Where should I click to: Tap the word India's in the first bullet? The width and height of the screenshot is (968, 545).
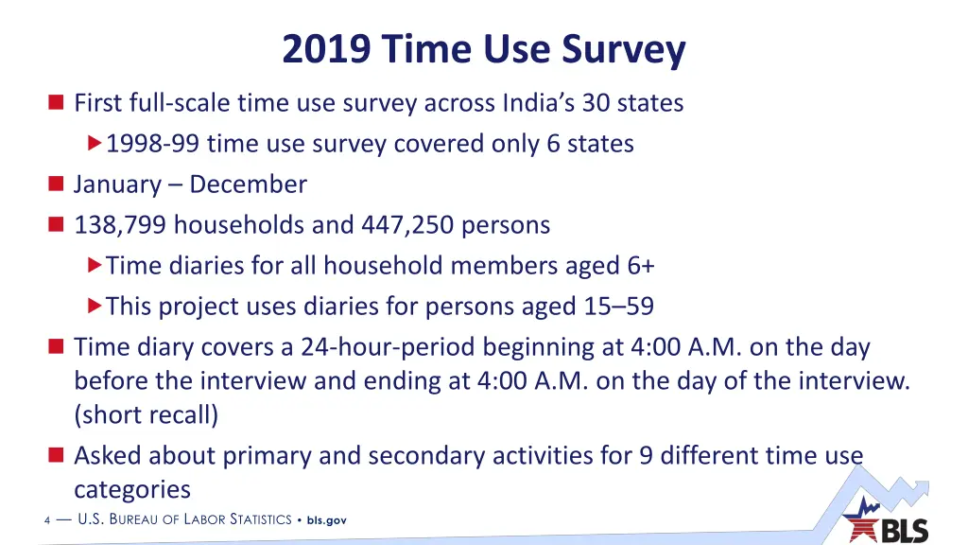click(x=535, y=102)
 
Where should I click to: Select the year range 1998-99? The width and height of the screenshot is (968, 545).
click(x=153, y=144)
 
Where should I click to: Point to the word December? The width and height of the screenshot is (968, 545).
click(x=248, y=185)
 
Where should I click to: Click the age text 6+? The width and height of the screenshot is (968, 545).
click(x=640, y=266)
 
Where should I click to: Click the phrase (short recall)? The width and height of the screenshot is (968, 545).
click(x=146, y=415)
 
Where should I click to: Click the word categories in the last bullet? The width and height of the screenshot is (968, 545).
click(x=132, y=490)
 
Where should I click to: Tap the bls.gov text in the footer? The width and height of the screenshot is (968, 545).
click(x=327, y=520)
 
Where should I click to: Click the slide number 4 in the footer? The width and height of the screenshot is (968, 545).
click(x=47, y=520)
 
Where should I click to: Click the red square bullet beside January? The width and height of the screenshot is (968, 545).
click(x=55, y=185)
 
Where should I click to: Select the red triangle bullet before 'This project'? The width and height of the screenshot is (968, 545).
click(x=94, y=307)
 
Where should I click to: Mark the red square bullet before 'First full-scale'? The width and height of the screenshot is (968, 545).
click(x=55, y=102)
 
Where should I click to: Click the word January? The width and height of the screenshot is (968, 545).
click(x=112, y=185)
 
